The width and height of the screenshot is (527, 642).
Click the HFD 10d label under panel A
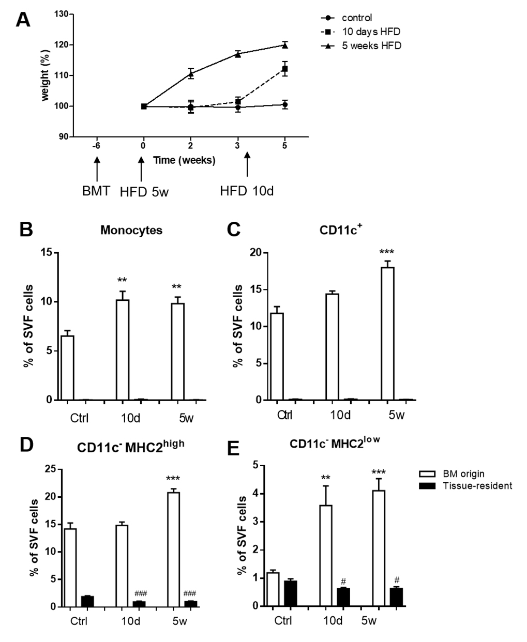pos(247,191)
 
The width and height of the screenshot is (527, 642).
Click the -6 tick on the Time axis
pos(96,146)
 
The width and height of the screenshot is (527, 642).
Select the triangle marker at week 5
pos(284,45)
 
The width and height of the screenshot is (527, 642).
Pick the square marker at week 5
pos(284,69)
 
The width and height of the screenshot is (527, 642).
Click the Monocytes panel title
pos(131,231)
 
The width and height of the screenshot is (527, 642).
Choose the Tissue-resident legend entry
pos(465,485)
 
